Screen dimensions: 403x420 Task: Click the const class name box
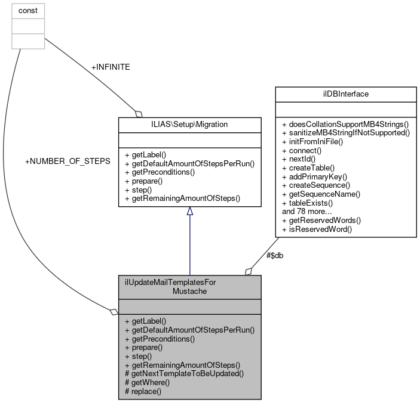pos(28,10)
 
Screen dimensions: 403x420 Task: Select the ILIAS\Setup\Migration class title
pos(189,124)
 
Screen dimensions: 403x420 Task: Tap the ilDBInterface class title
pos(345,94)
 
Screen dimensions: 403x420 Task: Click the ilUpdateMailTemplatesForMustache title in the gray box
pos(189,287)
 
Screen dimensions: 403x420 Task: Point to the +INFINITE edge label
pos(111,67)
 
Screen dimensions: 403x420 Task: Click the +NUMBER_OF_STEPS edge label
pos(67,162)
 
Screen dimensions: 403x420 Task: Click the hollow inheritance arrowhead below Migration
pos(189,212)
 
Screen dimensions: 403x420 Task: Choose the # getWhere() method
pos(147,382)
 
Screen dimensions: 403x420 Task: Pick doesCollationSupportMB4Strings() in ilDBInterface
pos(344,123)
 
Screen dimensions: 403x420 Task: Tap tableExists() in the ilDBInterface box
pos(311,203)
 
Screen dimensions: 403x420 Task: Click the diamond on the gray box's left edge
pos(114,312)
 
